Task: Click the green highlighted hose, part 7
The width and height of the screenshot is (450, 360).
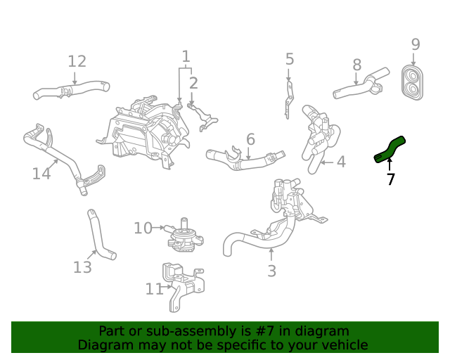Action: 389,150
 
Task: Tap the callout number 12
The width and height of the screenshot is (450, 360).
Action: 77,61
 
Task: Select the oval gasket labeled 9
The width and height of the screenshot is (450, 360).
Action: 413,83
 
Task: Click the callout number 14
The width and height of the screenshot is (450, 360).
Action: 41,172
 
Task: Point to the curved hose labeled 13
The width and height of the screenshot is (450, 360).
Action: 100,238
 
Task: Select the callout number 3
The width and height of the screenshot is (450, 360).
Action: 271,271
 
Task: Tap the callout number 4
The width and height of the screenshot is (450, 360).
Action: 341,162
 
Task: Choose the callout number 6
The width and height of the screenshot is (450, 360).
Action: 250,139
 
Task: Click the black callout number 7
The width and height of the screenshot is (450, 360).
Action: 391,179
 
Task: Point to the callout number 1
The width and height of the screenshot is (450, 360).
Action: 186,56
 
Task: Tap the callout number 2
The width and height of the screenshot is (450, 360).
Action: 193,83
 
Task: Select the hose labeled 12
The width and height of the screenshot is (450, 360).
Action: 70,91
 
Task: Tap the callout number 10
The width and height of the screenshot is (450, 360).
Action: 143,228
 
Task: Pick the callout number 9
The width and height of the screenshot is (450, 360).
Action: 416,44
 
